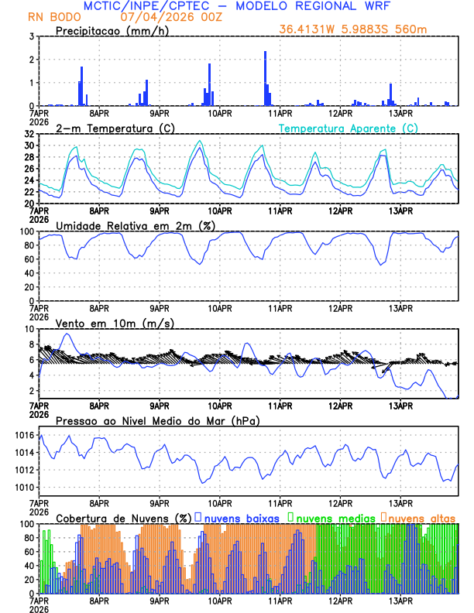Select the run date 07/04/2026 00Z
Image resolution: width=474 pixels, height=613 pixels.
click(x=166, y=16)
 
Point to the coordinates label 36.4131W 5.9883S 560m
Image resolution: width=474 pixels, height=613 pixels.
click(x=353, y=30)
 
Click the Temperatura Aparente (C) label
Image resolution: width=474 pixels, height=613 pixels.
click(x=349, y=128)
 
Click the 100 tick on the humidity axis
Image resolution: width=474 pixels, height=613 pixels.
click(x=26, y=231)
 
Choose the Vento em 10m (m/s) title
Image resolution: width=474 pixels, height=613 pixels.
click(x=115, y=323)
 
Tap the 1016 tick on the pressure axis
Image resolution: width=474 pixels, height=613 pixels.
click(x=23, y=436)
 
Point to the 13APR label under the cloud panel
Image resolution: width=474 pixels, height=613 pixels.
click(x=400, y=601)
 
